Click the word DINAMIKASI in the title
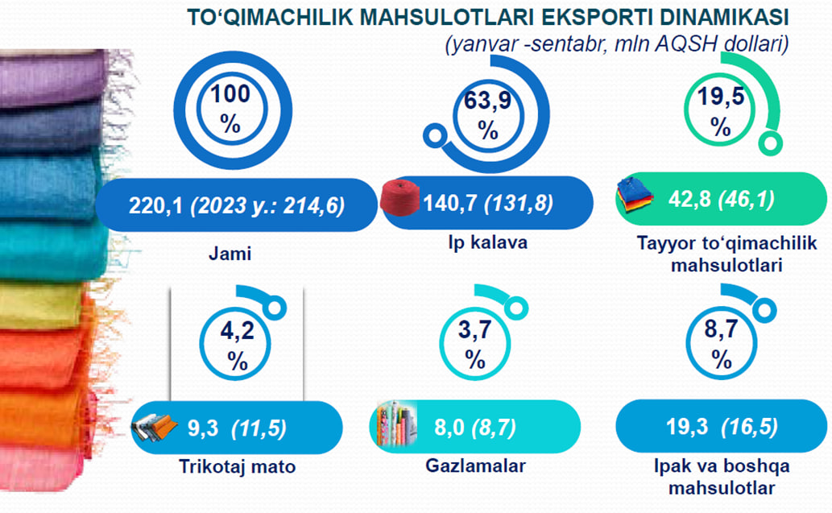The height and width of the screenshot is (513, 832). [724, 17]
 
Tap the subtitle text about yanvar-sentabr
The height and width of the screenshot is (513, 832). [617, 43]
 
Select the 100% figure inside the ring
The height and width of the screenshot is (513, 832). [230, 110]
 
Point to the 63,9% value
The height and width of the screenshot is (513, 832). [487, 114]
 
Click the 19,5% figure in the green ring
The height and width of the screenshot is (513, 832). [721, 112]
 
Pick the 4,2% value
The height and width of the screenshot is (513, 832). [237, 345]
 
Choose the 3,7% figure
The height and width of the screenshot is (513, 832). [475, 345]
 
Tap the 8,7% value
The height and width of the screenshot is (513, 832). [721, 345]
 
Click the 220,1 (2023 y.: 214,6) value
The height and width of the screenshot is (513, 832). [237, 205]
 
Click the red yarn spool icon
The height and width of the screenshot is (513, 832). [400, 197]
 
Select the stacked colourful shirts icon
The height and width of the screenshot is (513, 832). [635, 195]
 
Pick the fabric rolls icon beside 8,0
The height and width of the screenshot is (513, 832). [396, 424]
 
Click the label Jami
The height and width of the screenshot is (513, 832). [230, 253]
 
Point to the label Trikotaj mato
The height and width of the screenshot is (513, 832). [237, 466]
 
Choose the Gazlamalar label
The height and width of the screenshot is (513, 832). [475, 465]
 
